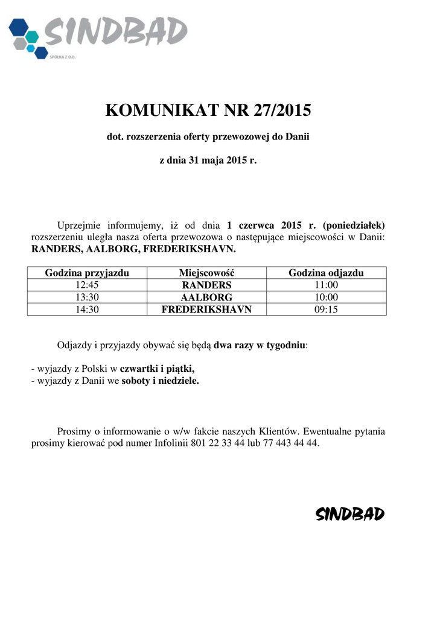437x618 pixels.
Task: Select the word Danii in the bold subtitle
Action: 298,137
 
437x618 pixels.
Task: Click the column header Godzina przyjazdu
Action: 87,273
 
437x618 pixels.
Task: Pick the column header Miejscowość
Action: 206,273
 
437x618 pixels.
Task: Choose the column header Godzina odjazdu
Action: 326,273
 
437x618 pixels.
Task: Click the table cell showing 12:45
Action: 87,285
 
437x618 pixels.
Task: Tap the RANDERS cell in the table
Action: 206,285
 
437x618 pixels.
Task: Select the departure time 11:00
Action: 326,285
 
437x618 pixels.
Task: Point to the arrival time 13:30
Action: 87,297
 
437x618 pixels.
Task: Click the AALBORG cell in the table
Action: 206,297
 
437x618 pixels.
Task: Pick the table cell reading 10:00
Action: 326,297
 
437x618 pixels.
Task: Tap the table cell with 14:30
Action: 87,309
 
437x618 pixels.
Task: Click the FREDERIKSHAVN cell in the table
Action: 206,309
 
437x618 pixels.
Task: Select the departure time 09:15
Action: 326,309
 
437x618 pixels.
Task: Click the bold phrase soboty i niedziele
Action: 160,381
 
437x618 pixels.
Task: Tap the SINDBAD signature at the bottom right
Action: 350,514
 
